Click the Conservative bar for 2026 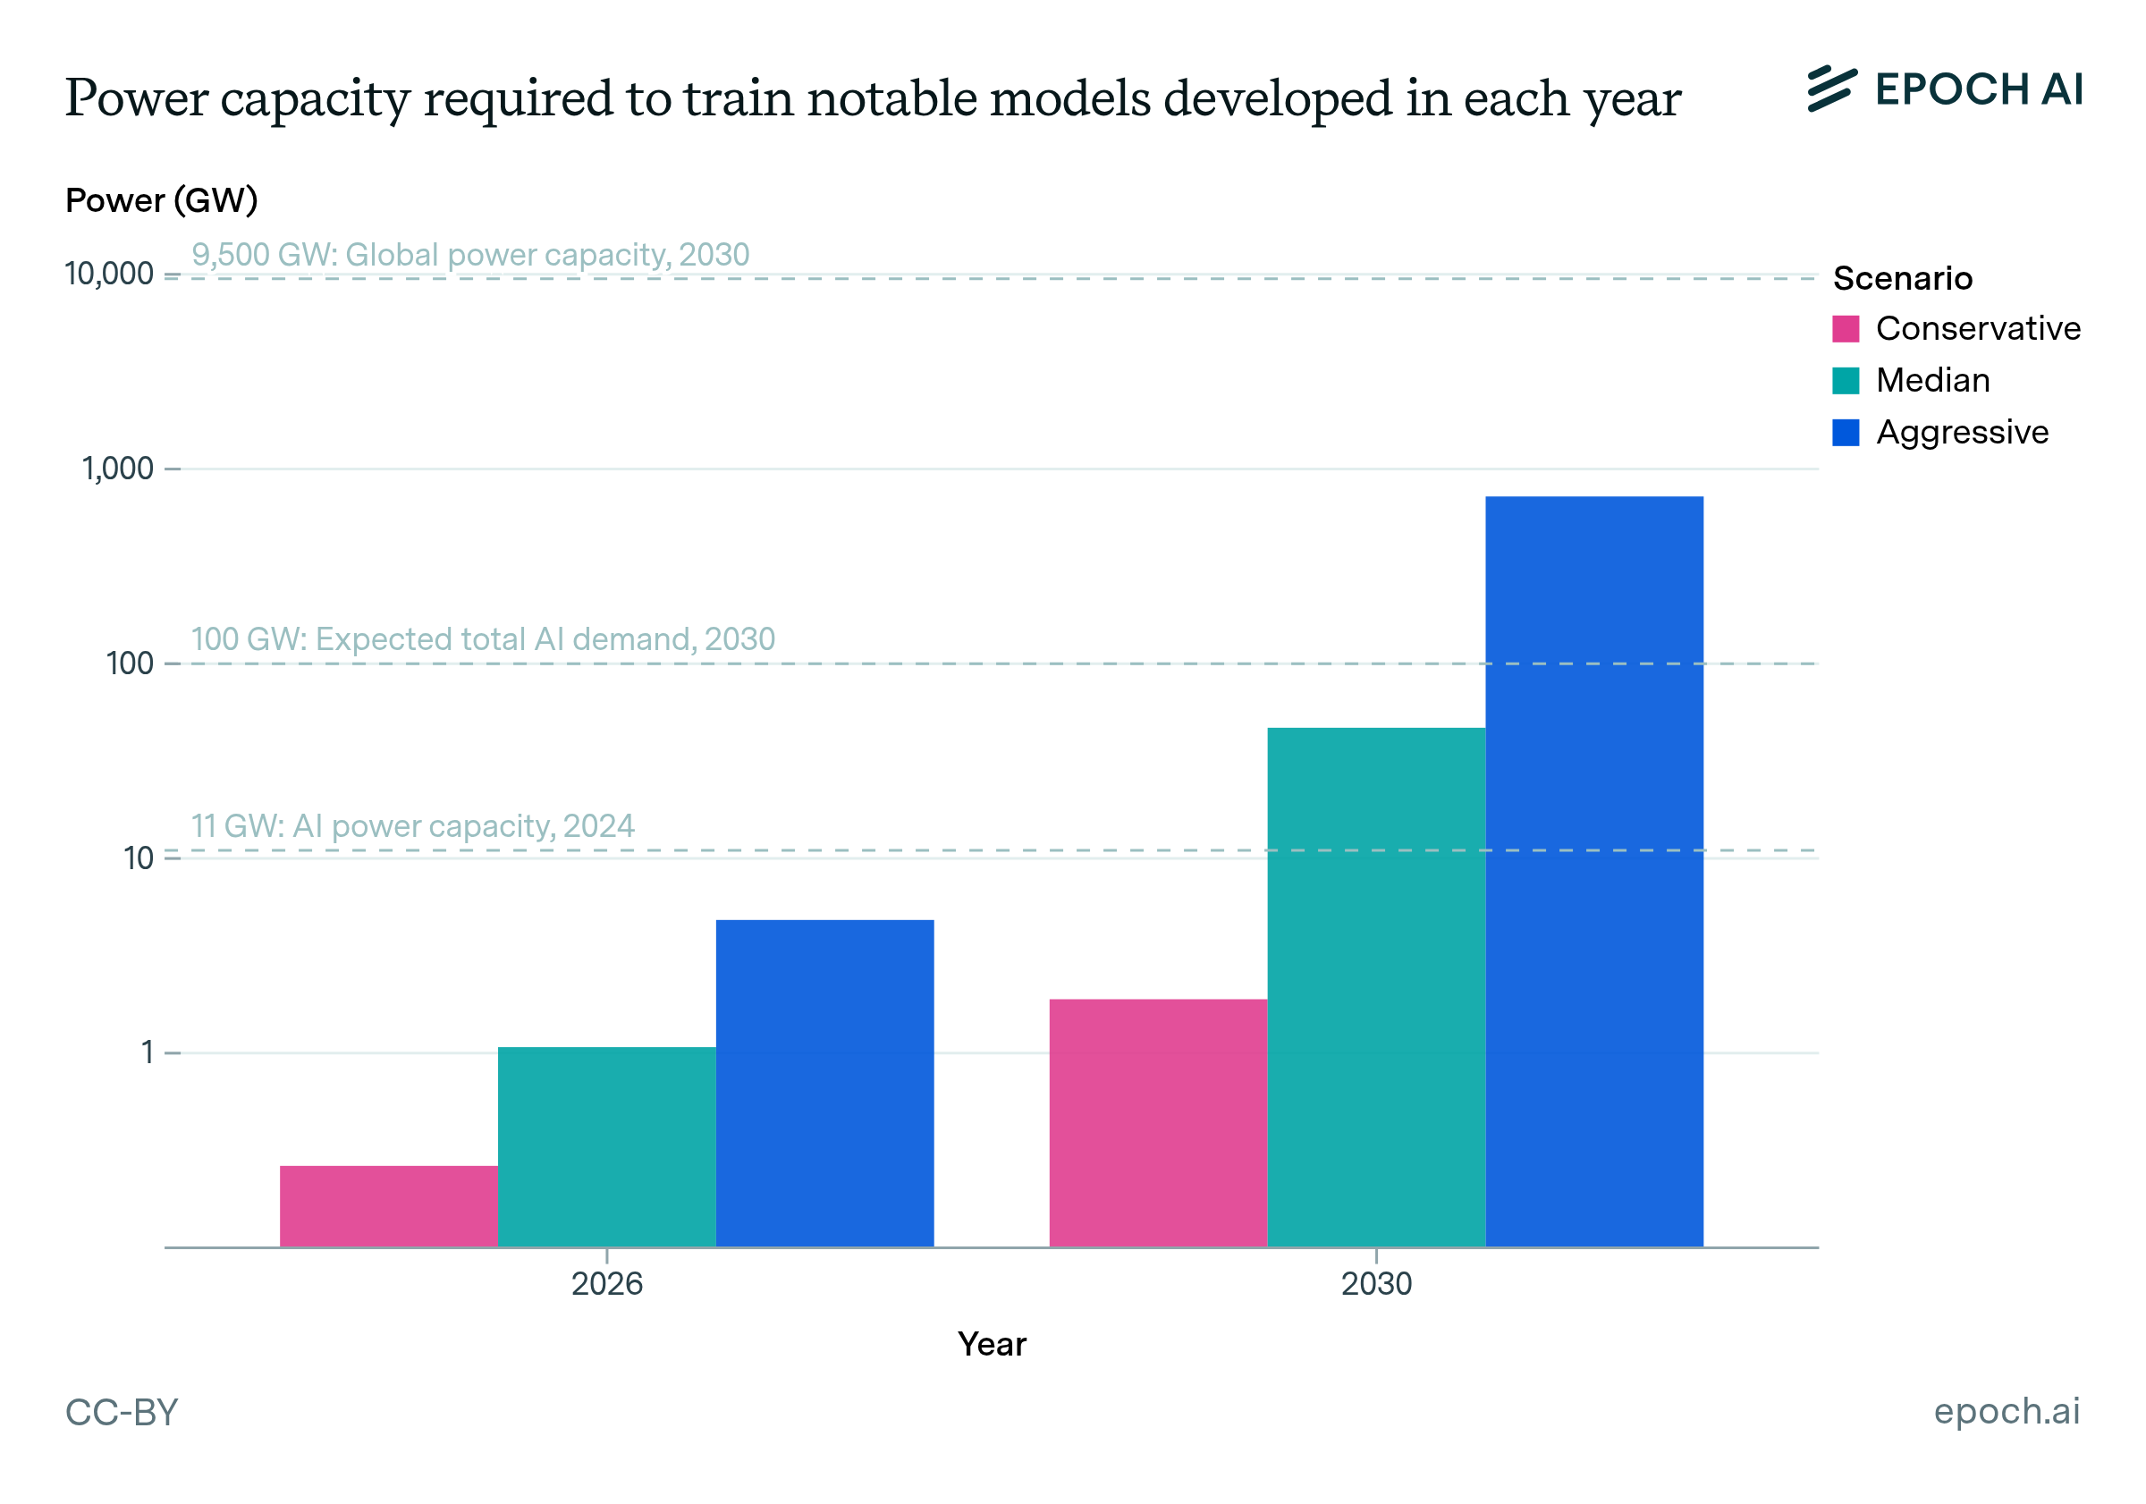pyautogui.click(x=388, y=1206)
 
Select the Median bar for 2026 pyautogui.click(x=606, y=1146)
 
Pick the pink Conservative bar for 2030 pyautogui.click(x=1158, y=1122)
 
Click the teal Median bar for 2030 pyautogui.click(x=1376, y=987)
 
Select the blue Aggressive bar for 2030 pyautogui.click(x=1593, y=871)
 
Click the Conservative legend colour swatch pyautogui.click(x=1845, y=329)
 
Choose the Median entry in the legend pyautogui.click(x=1932, y=380)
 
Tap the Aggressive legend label pyautogui.click(x=1962, y=432)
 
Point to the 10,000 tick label pyautogui.click(x=108, y=274)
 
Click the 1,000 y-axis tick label pyautogui.click(x=118, y=469)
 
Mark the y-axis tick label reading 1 pyautogui.click(x=147, y=1052)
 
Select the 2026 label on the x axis pyautogui.click(x=606, y=1283)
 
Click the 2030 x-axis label pyautogui.click(x=1376, y=1283)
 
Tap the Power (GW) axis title pyautogui.click(x=162, y=200)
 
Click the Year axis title pyautogui.click(x=992, y=1344)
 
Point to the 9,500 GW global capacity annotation pyautogui.click(x=470, y=254)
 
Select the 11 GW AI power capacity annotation pyautogui.click(x=412, y=826)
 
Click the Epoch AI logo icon pyautogui.click(x=1831, y=89)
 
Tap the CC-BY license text pyautogui.click(x=122, y=1413)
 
